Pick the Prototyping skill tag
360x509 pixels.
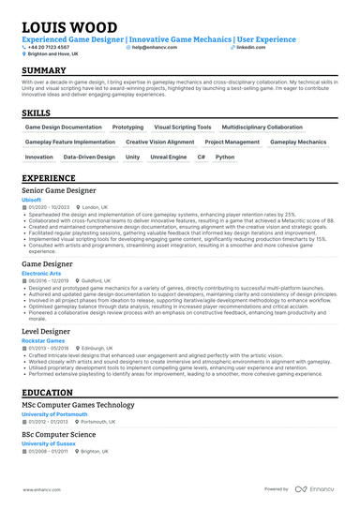pyautogui.click(x=127, y=127)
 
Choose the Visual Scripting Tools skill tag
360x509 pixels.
pyautogui.click(x=183, y=127)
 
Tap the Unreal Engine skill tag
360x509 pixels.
pyautogui.click(x=169, y=157)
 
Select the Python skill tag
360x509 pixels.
pyautogui.click(x=225, y=157)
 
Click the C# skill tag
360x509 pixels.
pyautogui.click(x=201, y=157)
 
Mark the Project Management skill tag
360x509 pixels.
pyautogui.click(x=232, y=142)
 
